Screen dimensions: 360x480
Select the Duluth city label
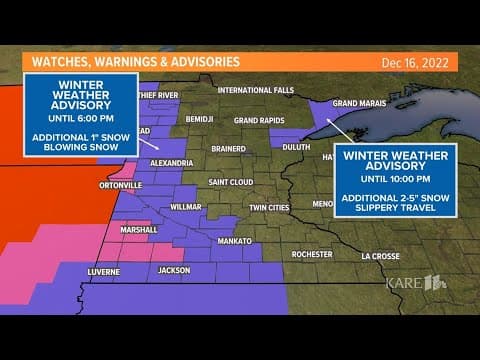(x=296, y=146)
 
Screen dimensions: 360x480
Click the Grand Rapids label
(x=260, y=120)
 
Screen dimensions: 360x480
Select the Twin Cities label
(x=269, y=207)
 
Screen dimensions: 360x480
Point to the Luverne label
(x=103, y=271)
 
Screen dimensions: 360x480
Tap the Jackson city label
(x=173, y=270)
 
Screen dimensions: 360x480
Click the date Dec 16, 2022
(x=414, y=62)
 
